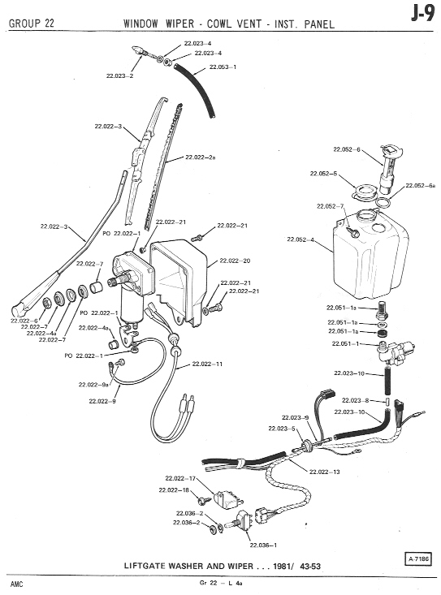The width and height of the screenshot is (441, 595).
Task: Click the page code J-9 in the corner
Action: coord(422,15)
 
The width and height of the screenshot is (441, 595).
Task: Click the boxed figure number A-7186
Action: coord(418,559)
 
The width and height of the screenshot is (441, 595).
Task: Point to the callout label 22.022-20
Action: coord(235,261)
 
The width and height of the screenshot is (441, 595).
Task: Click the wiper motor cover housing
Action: coord(179,282)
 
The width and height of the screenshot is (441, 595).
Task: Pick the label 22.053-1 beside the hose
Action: coord(223,67)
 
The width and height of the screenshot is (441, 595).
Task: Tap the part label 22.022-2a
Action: coord(201,157)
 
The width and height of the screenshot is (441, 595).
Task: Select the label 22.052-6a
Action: coord(421,186)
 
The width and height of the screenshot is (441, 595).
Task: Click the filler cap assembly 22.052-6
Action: coord(390,168)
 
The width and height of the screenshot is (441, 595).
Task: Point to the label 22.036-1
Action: coord(263,545)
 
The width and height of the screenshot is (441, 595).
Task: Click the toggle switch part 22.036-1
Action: coord(238,522)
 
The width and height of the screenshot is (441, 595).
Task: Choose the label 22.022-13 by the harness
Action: coord(325,472)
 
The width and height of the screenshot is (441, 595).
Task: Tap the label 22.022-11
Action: coord(207,364)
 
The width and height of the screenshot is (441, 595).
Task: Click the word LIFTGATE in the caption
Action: coord(145,566)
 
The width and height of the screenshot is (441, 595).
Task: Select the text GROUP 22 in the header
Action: coord(32,24)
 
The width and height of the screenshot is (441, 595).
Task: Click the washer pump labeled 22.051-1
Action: coord(396,351)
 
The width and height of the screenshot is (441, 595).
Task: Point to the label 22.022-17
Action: coord(180,478)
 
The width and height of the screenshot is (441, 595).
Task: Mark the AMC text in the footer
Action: coord(17,584)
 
